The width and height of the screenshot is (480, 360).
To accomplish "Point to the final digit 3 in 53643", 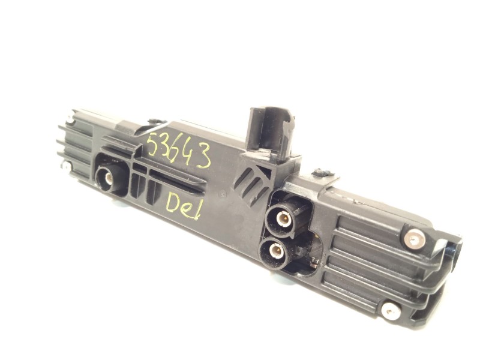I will (203, 157).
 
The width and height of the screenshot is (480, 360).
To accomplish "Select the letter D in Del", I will (172, 202).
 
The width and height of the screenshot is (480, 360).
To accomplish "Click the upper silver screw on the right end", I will (414, 239).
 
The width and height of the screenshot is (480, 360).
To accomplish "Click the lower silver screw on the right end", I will (391, 310).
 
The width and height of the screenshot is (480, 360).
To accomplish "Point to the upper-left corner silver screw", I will (71, 119).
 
